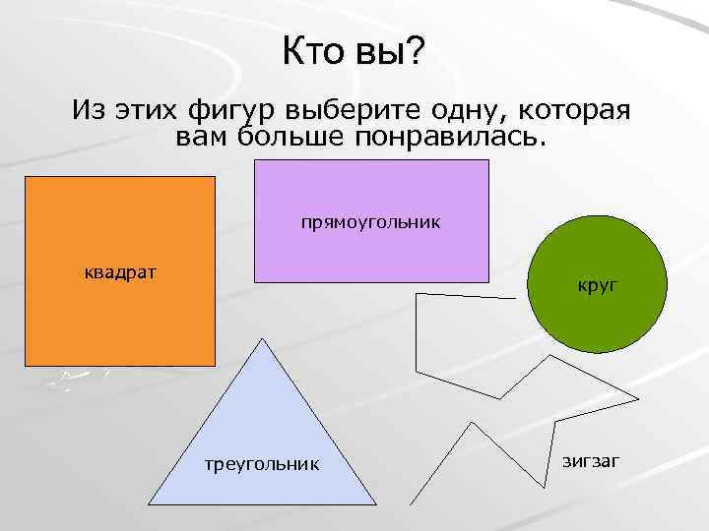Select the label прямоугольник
[371, 222]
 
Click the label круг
[597, 286]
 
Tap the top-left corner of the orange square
[26, 178]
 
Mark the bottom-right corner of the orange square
[215, 365]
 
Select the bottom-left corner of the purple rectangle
[256, 282]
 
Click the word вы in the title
[379, 50]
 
